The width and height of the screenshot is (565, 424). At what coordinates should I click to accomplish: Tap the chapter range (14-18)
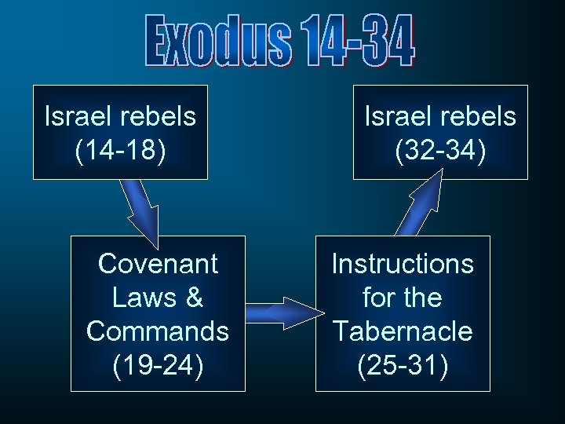point(120,150)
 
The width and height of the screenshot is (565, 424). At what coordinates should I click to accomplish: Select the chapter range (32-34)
point(440,150)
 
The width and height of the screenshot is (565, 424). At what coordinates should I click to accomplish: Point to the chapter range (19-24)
point(158,364)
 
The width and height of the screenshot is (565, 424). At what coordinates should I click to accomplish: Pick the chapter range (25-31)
point(403,364)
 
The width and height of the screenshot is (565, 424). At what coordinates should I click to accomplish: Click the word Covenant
point(158,264)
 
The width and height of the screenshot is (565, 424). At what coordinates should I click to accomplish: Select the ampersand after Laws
point(195,298)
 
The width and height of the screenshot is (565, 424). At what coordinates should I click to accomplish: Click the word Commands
point(158,331)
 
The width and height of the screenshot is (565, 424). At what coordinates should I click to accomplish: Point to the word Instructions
point(403,264)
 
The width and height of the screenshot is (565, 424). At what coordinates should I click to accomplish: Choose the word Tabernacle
point(403,331)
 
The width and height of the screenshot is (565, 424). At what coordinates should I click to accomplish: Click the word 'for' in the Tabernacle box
point(377,298)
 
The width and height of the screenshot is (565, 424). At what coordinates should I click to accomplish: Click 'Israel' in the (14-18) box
point(78,116)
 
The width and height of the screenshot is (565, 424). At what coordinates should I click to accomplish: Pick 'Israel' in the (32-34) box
point(399,116)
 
